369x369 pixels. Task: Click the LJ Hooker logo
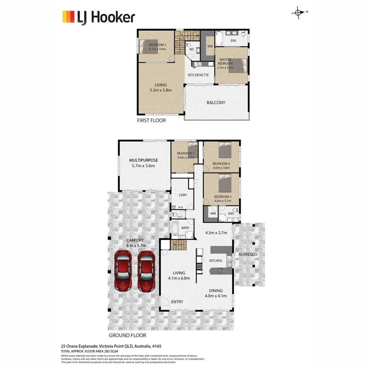(x=98, y=17)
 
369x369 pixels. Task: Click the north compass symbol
(x=298, y=13)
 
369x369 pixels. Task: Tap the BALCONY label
(x=216, y=102)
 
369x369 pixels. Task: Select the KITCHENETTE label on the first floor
(x=199, y=75)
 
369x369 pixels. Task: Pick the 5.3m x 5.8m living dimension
(x=161, y=90)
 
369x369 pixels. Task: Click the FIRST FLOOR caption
(x=151, y=121)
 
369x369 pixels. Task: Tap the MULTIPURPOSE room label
(x=143, y=160)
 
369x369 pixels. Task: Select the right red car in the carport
(x=146, y=271)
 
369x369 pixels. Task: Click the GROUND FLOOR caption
(x=128, y=335)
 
